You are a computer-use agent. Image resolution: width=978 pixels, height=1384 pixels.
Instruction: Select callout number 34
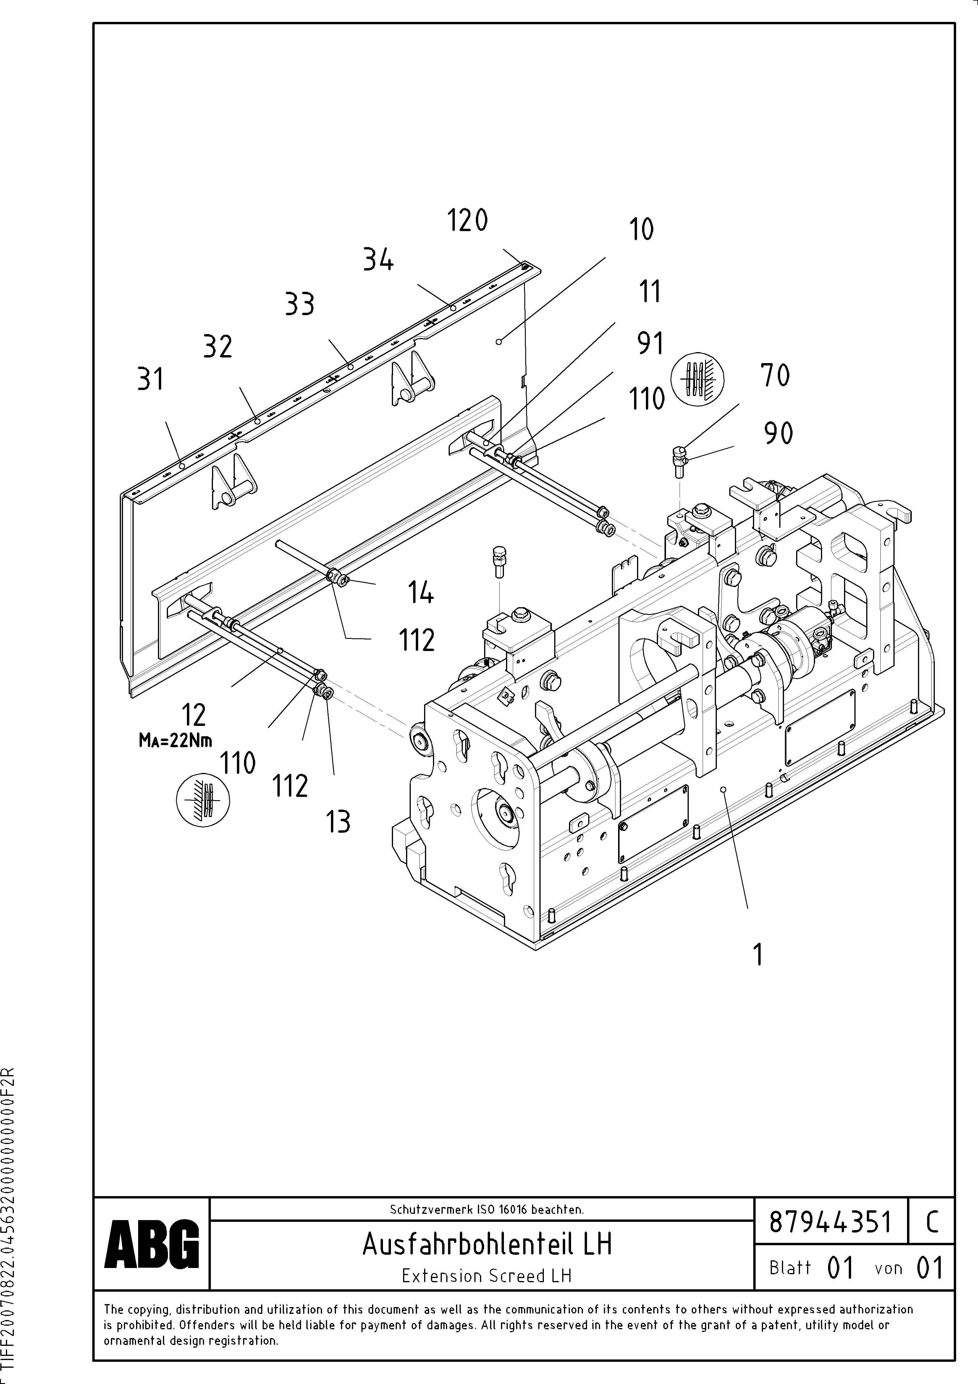[x=378, y=260]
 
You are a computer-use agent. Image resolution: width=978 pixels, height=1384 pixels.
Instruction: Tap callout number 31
[x=151, y=380]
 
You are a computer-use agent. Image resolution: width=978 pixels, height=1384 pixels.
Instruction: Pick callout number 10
[x=641, y=230]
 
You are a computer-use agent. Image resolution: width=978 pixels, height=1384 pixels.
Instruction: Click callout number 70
[x=775, y=376]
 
